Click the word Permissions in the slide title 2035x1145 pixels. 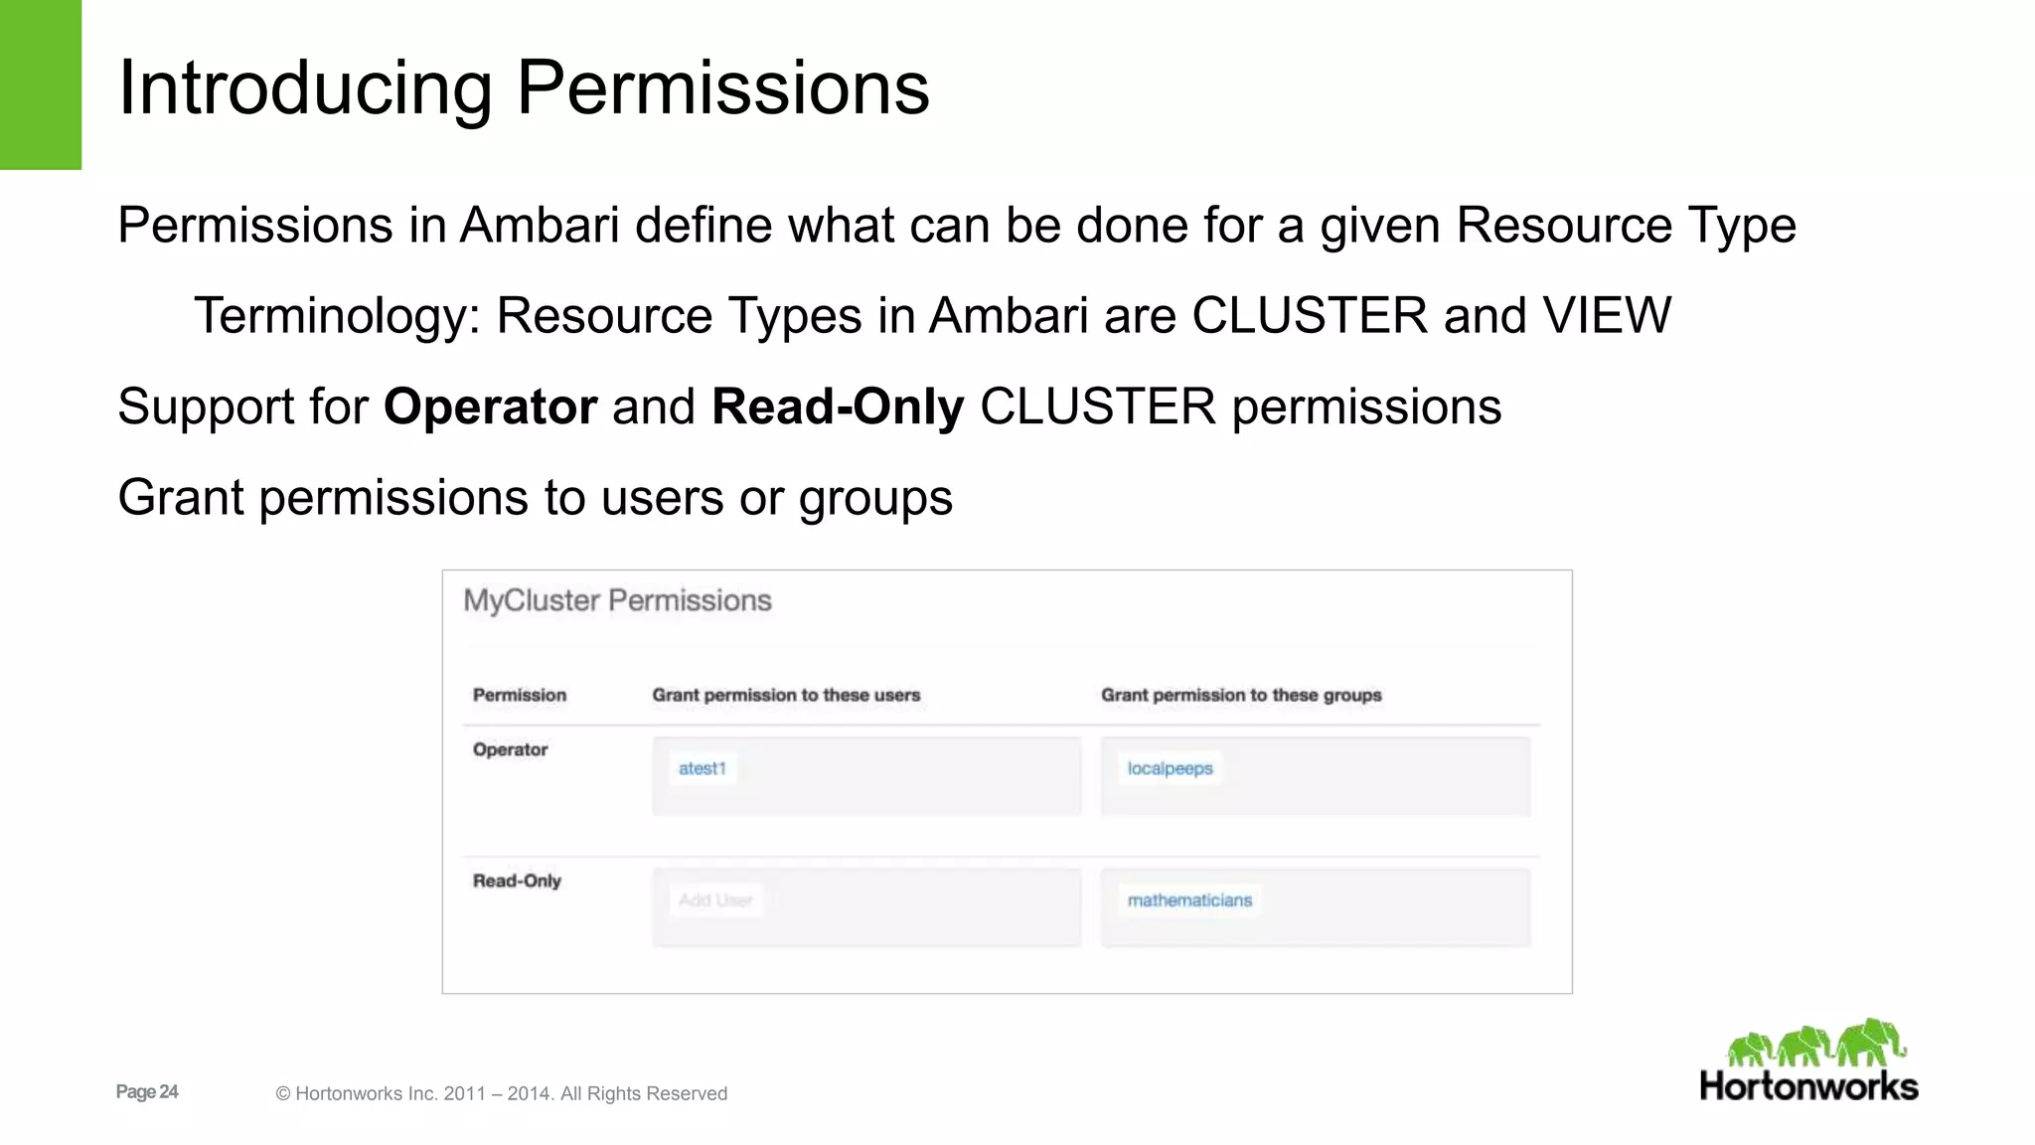click(x=722, y=87)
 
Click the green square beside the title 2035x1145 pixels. click(x=40, y=84)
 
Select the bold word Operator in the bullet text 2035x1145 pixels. click(x=490, y=407)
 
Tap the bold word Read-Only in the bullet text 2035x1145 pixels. click(x=838, y=407)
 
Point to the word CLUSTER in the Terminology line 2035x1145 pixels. click(x=1309, y=316)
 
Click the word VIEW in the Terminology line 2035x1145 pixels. click(x=1607, y=316)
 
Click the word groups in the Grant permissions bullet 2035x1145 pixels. click(x=875, y=498)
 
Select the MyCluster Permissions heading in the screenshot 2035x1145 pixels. click(x=617, y=600)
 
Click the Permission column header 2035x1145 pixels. click(x=519, y=695)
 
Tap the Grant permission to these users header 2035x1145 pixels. click(x=786, y=695)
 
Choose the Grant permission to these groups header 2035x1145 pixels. click(x=1241, y=695)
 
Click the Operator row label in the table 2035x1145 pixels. click(x=510, y=749)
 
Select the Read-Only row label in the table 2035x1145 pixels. click(x=517, y=881)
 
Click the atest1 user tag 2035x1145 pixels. click(x=703, y=768)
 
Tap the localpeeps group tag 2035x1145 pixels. click(x=1170, y=768)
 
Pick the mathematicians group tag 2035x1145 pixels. click(x=1189, y=900)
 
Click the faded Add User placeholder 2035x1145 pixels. click(x=715, y=900)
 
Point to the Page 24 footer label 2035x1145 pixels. click(x=147, y=1091)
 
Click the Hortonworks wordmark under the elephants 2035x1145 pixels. click(x=1808, y=1085)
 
